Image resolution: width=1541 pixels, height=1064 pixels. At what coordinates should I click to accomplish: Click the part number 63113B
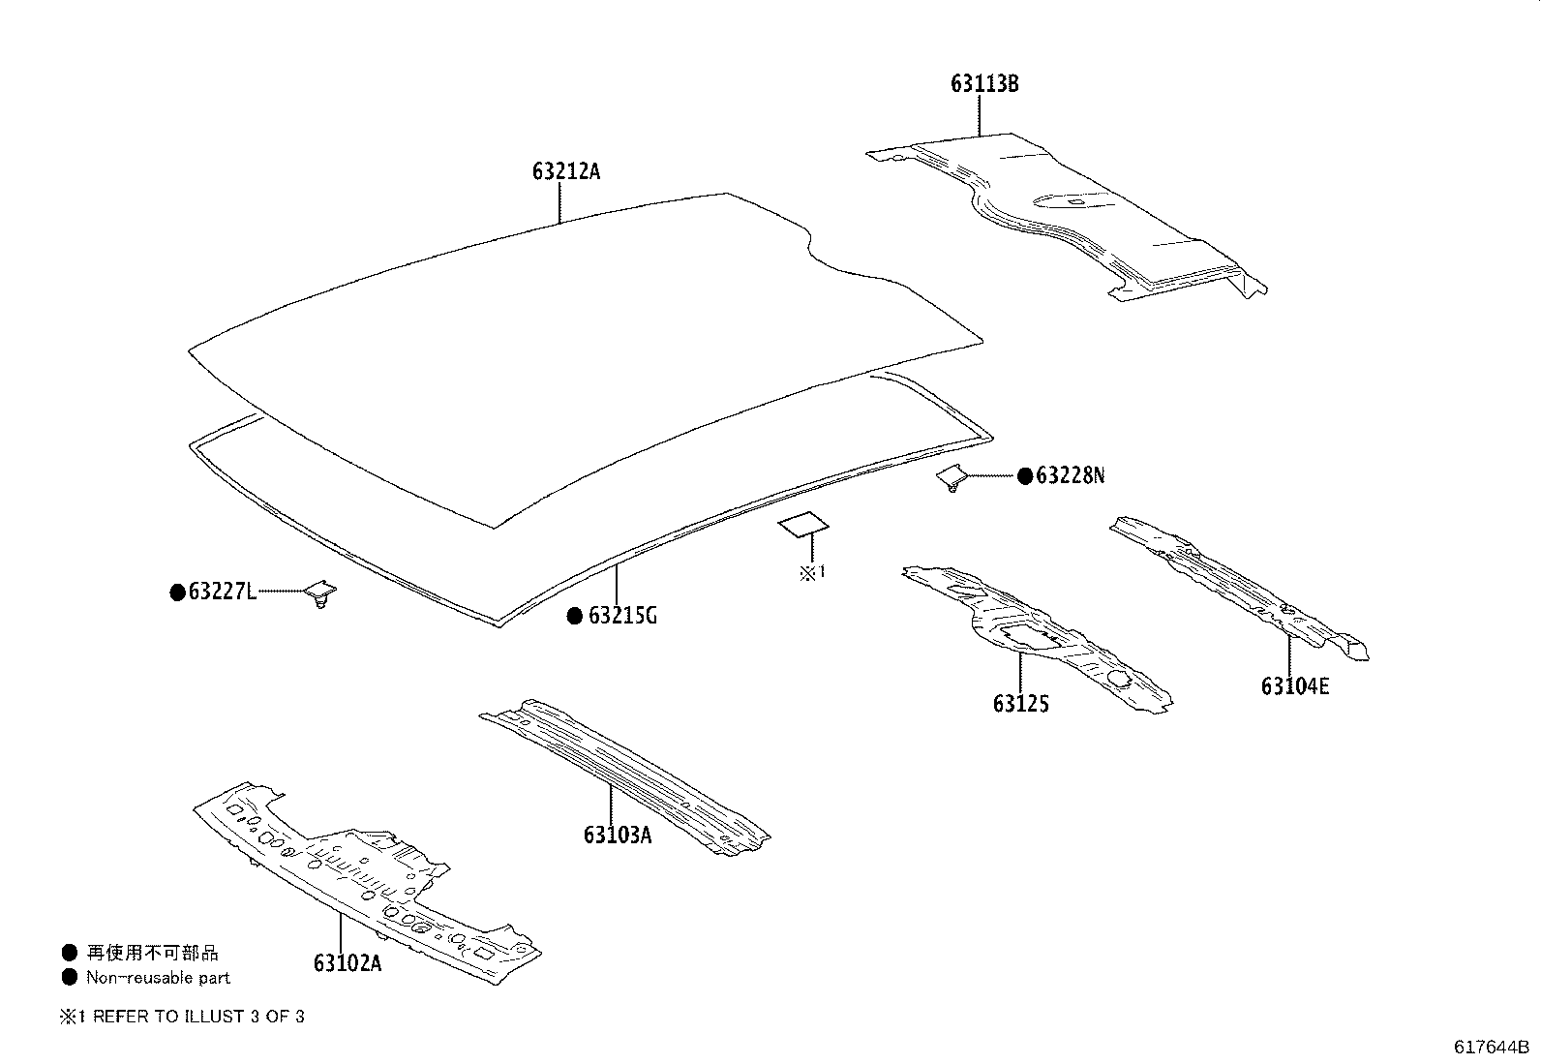point(984,84)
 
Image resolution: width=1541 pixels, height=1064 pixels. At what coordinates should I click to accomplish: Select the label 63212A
point(566,172)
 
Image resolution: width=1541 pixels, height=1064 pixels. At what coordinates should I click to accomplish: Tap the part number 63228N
point(1070,475)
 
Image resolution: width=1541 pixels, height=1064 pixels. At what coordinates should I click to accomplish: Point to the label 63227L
point(223,592)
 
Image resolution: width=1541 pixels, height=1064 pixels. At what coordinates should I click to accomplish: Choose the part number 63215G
point(622,615)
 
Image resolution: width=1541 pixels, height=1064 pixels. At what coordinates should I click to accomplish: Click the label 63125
point(1020,704)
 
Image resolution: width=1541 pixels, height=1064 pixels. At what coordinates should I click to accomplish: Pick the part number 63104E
point(1295,686)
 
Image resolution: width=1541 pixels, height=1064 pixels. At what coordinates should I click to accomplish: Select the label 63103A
point(618,834)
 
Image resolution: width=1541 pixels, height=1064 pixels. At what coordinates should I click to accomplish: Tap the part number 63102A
point(347,963)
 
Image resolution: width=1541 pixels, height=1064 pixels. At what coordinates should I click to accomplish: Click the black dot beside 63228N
point(1025,475)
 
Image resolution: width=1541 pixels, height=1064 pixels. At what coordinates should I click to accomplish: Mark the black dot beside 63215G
point(575,615)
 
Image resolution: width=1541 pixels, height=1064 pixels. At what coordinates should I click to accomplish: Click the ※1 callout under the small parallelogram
point(812,572)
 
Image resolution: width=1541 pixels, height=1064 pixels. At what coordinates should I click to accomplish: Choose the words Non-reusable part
point(159,978)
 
